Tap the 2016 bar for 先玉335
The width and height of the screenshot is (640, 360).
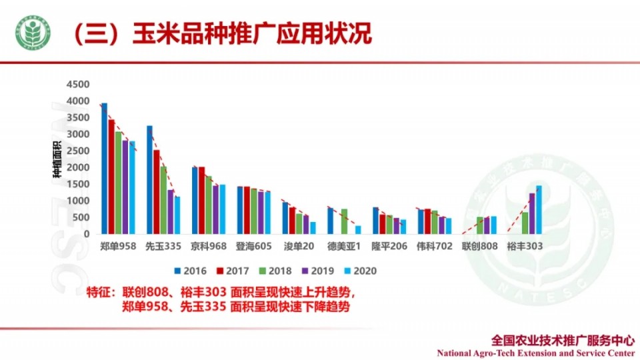[x=149, y=179]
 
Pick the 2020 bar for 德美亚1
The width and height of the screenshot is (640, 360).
[x=358, y=229]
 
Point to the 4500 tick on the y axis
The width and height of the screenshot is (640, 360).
[x=77, y=85]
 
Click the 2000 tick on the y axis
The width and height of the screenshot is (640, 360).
[x=77, y=167]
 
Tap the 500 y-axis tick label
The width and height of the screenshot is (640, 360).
[x=80, y=217]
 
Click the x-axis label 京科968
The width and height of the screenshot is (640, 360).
[x=209, y=246]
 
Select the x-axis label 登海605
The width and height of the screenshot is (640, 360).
[x=253, y=246]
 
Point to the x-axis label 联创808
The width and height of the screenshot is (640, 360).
[x=480, y=246]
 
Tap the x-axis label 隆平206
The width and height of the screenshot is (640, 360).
[x=389, y=246]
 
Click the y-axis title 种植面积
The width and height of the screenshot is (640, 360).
[x=58, y=161]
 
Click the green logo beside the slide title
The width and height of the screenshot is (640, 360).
[x=33, y=33]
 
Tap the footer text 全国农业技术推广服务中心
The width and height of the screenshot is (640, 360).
[x=562, y=339]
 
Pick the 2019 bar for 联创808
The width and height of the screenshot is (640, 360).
[x=487, y=225]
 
